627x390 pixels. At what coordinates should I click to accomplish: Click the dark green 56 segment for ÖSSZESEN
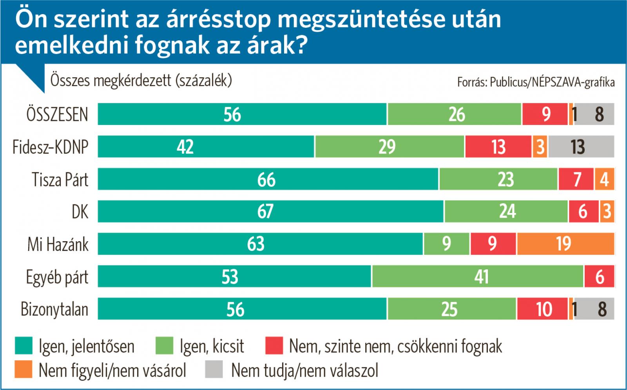pos(242,114)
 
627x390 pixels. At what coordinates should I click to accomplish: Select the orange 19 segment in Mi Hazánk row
pos(565,244)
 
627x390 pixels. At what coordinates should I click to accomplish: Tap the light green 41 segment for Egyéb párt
pos(478,277)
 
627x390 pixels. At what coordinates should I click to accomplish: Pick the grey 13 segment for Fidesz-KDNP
pos(581,147)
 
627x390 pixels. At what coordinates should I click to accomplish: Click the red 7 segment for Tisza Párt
pos(576,179)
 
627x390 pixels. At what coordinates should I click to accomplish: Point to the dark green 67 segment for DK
pos(270,211)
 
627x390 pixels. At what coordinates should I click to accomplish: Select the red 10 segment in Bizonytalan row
pos(542,309)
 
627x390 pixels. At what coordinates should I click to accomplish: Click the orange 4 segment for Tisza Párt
pos(604,179)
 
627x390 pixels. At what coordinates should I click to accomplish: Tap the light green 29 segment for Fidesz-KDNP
pos(390,147)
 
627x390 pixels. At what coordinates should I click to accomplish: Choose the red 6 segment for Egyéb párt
pos(600,277)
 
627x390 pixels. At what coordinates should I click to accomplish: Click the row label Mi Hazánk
pos(58,245)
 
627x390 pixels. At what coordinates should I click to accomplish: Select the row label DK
pos(80,212)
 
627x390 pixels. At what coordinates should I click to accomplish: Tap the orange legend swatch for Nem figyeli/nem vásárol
pos(24,370)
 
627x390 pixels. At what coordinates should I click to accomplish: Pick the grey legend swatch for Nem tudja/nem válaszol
pos(214,370)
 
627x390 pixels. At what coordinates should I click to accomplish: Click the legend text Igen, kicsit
pos(212,347)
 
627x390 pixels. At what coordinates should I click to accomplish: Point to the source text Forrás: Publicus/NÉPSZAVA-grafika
pos(536,82)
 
